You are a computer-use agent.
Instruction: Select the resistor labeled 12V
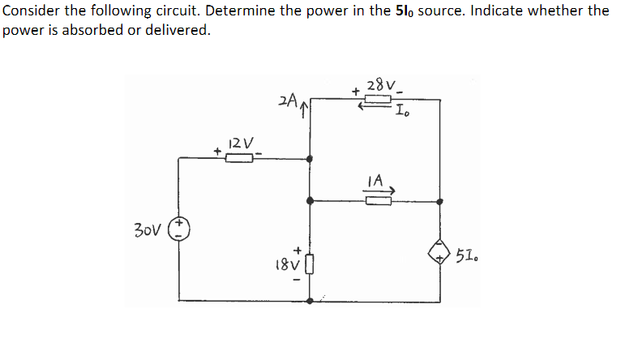[x=238, y=158]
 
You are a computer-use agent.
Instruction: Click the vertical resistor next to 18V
[x=309, y=264]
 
